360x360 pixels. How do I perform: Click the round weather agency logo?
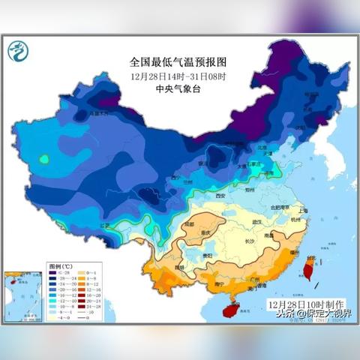coord(17,52)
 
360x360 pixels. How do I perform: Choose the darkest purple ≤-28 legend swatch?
coord(54,274)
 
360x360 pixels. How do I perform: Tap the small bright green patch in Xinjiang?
coord(44,158)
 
